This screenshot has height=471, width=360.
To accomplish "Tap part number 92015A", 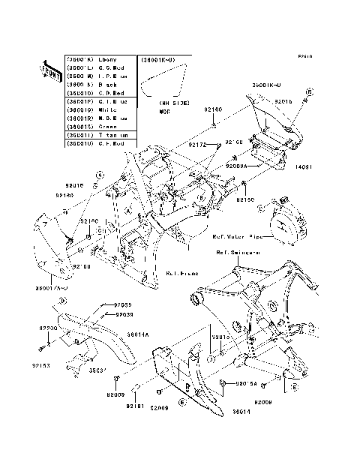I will click(x=247, y=384).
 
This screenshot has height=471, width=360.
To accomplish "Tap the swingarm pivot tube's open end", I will click(x=199, y=301).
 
